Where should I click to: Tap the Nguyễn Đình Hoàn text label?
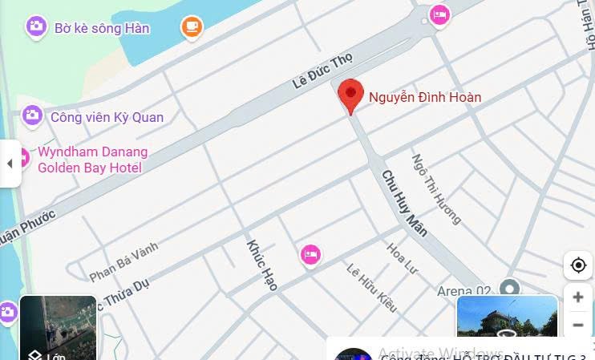point(425,98)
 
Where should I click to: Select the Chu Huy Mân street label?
point(404,203)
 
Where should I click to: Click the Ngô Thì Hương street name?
point(436,189)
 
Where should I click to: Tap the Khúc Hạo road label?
point(262,265)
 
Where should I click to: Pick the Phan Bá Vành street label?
point(124,262)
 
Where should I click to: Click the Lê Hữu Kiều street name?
point(371,287)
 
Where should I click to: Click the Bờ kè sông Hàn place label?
point(102,28)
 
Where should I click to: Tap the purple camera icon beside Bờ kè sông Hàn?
point(35,26)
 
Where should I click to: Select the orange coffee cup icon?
point(191,27)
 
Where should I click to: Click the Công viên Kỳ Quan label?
point(107,117)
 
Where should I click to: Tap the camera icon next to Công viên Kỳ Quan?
point(32,116)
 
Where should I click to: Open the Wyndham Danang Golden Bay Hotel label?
point(92,160)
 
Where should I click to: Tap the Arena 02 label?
point(463,290)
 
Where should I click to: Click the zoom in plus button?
point(578,297)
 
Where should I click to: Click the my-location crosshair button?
point(578,265)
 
